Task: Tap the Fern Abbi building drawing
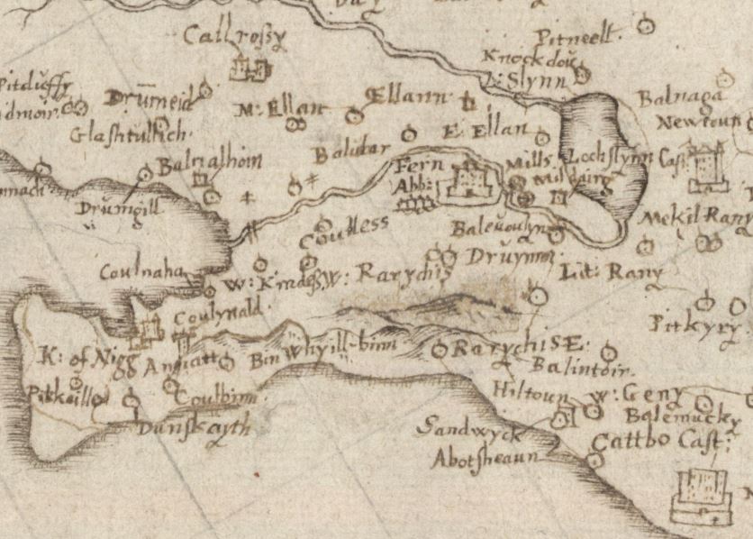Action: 468,183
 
